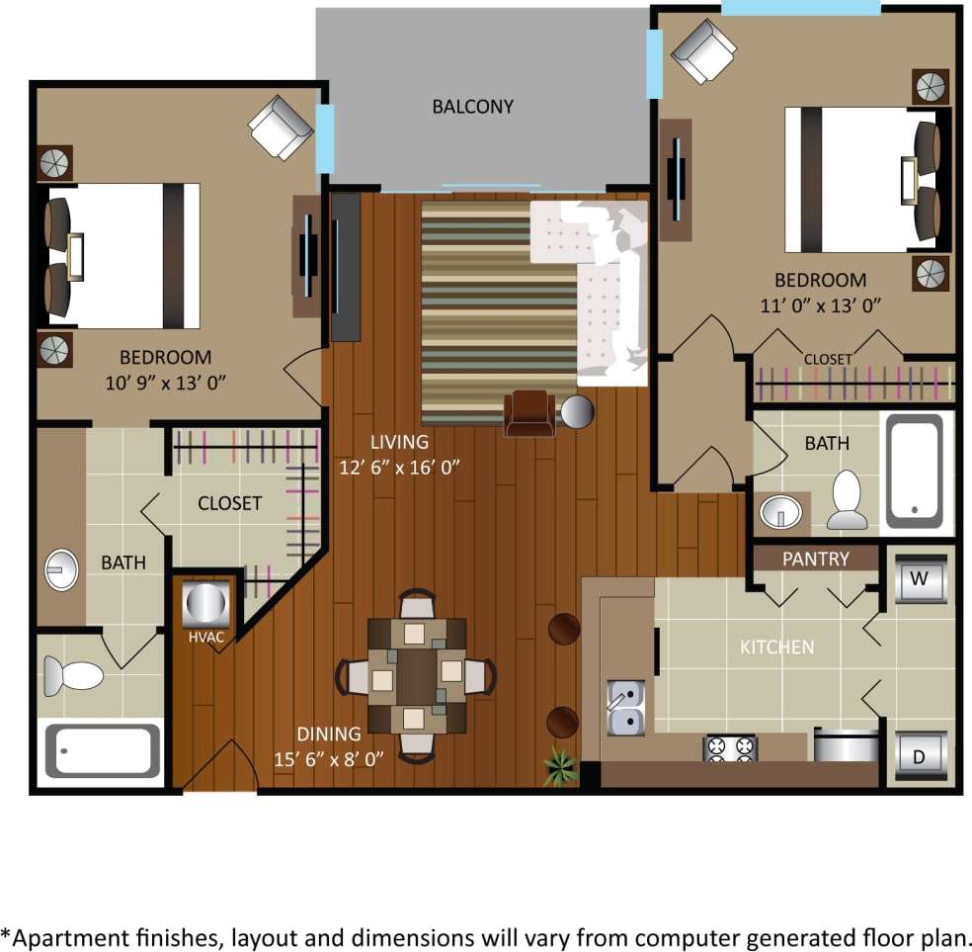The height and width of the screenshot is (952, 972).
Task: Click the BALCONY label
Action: [x=473, y=107]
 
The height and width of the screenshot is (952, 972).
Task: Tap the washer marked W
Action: [x=919, y=579]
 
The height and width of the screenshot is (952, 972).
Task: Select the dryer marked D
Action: [x=919, y=757]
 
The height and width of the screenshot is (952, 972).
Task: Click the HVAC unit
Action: [x=206, y=602]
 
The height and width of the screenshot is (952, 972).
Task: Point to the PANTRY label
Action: [x=815, y=559]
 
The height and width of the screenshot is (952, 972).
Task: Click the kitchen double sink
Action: [x=625, y=707]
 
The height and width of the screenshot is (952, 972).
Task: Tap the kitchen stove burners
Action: [x=729, y=747]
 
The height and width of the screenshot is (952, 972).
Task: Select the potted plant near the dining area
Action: [x=562, y=766]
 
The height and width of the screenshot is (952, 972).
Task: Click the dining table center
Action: [x=416, y=674]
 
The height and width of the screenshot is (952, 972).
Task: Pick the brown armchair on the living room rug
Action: [x=530, y=412]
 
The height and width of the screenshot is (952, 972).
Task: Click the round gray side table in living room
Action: [x=577, y=411]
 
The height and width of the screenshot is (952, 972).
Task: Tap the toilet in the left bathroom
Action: [x=74, y=676]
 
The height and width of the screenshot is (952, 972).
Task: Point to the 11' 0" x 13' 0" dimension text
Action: [x=820, y=304]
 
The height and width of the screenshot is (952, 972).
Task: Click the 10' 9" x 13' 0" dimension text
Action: [x=165, y=382]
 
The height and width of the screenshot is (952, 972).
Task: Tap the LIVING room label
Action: [x=399, y=442]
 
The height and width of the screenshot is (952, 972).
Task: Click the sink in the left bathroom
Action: [x=61, y=569]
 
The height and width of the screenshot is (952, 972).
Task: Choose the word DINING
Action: [x=329, y=734]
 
